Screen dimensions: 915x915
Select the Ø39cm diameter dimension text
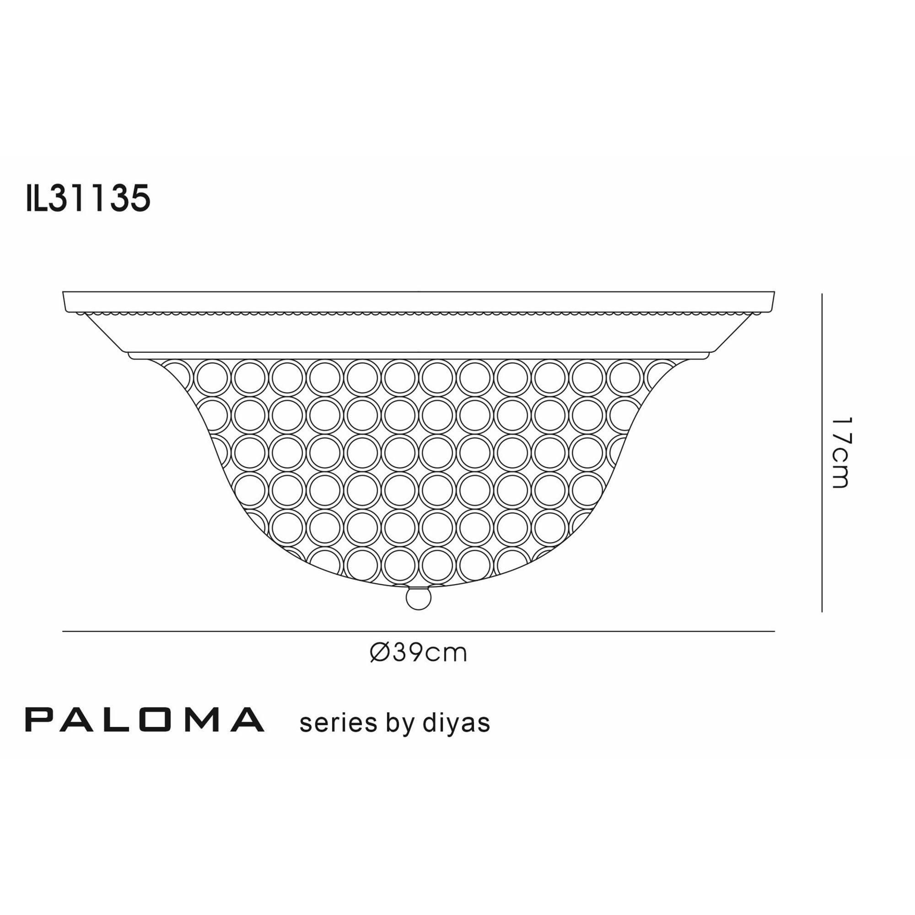418,653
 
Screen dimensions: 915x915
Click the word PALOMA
145,720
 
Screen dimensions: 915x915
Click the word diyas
456,723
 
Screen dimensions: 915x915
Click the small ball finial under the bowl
419,598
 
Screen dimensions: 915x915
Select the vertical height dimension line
822,452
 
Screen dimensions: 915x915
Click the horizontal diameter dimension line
418,631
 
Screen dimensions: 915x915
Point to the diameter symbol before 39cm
380,653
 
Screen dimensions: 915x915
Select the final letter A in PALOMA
247,720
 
